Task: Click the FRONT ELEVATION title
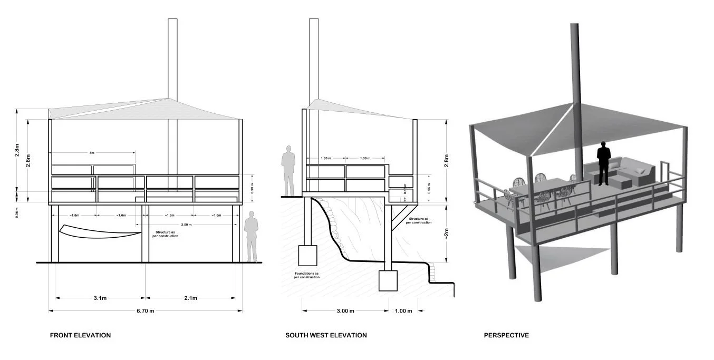coord(80,335)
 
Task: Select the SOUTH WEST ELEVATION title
coord(326,335)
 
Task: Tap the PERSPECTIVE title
coord(506,335)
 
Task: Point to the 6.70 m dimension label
coord(145,311)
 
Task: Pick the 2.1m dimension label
coord(190,298)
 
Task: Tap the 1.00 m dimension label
coord(403,311)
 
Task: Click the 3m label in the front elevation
coord(92,153)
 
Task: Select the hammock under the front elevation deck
coord(100,232)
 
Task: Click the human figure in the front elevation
coord(252,236)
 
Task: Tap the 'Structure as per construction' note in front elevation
coord(167,233)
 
